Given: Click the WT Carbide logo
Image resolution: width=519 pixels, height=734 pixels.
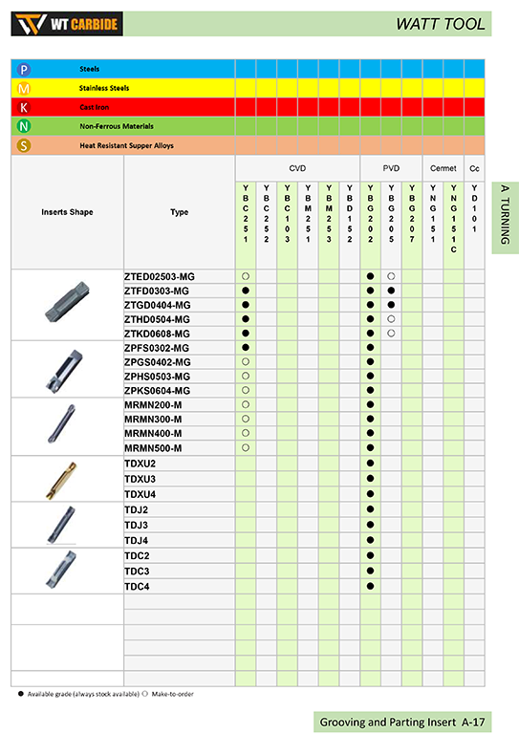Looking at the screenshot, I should click(x=67, y=23).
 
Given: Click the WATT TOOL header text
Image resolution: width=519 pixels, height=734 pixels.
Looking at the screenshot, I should click(x=441, y=24).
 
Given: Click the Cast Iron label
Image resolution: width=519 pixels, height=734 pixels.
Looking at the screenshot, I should click(x=93, y=107).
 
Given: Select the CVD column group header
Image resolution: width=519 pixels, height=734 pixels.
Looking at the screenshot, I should click(x=296, y=167).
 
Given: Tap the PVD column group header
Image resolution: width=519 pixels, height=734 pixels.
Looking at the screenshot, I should click(x=391, y=167).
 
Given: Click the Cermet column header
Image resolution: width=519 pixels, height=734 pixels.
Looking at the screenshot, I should click(x=443, y=167).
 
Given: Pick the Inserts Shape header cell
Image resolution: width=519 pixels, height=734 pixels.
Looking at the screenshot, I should click(x=67, y=212).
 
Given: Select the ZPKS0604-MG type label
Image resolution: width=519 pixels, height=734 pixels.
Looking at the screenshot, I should click(x=158, y=391).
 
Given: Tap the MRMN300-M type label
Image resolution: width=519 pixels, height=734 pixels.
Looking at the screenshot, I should click(x=153, y=420).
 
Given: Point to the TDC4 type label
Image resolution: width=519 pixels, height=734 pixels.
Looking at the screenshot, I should click(x=137, y=586).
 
